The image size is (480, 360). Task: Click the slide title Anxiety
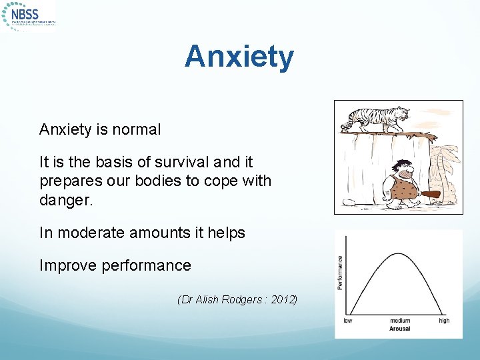(x=239, y=57)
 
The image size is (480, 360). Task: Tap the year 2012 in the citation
(x=283, y=299)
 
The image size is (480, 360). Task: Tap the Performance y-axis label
(x=340, y=273)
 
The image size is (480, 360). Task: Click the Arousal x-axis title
(x=399, y=329)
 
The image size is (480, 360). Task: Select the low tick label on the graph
(x=348, y=321)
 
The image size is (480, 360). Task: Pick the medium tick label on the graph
(x=400, y=321)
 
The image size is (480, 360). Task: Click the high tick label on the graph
(x=444, y=321)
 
